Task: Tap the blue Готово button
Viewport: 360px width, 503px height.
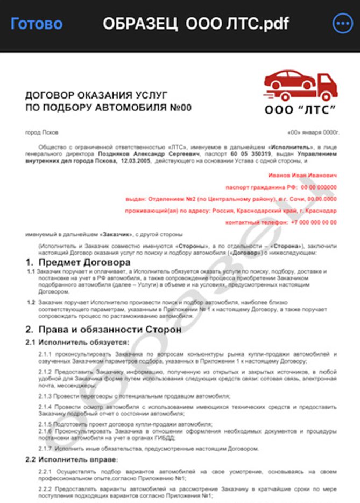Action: pos(37,23)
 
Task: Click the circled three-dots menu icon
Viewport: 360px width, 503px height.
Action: pos(342,23)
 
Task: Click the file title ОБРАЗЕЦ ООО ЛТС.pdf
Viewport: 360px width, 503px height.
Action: pos(195,24)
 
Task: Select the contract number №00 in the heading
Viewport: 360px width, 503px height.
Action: pos(178,107)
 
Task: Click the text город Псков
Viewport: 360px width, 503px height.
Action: pos(42,132)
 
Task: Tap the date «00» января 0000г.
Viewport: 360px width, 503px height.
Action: pos(313,132)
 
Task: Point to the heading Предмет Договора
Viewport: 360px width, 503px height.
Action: pos(83,262)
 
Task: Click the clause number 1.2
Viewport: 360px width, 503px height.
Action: pos(31,304)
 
